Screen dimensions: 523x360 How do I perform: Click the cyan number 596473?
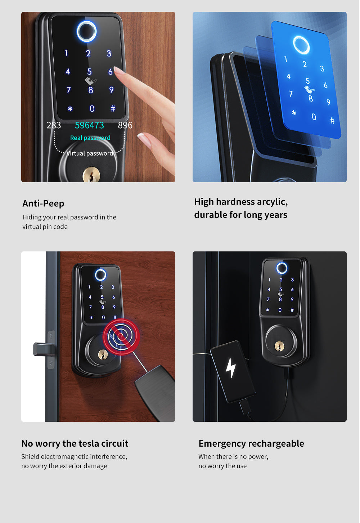[x=89, y=125]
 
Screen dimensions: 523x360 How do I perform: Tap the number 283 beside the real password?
[x=54, y=125]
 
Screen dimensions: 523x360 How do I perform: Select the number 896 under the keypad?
[x=125, y=125]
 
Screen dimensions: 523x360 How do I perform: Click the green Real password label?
[x=90, y=138]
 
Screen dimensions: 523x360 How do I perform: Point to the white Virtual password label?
[x=90, y=153]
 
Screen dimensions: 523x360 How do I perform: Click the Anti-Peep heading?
[x=43, y=204]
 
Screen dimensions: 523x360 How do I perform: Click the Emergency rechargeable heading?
[x=251, y=443]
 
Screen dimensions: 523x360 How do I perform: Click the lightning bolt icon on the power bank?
[x=231, y=368]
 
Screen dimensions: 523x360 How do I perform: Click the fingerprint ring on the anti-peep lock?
[x=87, y=31]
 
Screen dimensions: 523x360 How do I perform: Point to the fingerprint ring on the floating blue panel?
[x=301, y=45]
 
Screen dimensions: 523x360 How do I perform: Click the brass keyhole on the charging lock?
[x=279, y=346]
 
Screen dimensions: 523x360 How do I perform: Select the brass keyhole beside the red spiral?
[x=103, y=355]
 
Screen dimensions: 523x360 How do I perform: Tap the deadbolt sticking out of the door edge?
[x=42, y=349]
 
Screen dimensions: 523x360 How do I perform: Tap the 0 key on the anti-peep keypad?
[x=92, y=109]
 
